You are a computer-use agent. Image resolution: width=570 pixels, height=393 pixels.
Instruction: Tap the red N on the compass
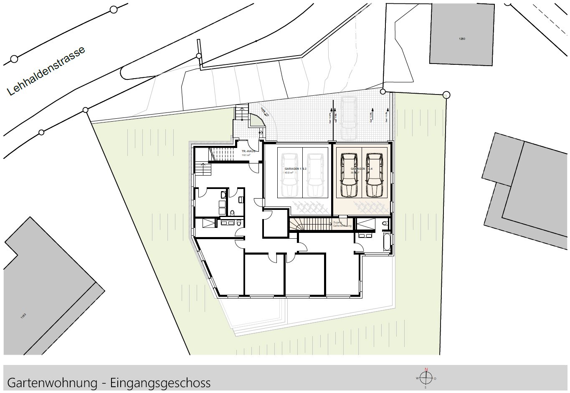click(x=426, y=369)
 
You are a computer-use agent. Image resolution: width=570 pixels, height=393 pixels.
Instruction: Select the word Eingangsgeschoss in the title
click(x=160, y=383)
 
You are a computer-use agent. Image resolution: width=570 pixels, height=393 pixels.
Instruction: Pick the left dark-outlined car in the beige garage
click(x=349, y=175)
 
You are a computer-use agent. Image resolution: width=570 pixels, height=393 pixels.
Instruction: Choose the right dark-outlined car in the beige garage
click(x=374, y=175)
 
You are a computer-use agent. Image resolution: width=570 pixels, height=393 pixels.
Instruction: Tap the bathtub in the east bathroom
click(x=387, y=242)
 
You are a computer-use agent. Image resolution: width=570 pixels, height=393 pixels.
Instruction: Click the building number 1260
click(x=462, y=39)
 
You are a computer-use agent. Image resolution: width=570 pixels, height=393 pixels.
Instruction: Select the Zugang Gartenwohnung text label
click(x=342, y=224)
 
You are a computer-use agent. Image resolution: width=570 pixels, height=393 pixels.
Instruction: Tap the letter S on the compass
click(x=426, y=387)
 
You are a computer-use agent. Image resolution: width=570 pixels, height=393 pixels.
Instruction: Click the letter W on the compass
click(x=417, y=378)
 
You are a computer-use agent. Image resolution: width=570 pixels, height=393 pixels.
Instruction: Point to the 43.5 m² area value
click(x=289, y=172)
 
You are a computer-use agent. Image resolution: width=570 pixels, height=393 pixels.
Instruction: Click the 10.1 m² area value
click(x=246, y=155)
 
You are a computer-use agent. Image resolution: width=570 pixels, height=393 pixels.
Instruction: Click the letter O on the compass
click(x=435, y=378)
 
